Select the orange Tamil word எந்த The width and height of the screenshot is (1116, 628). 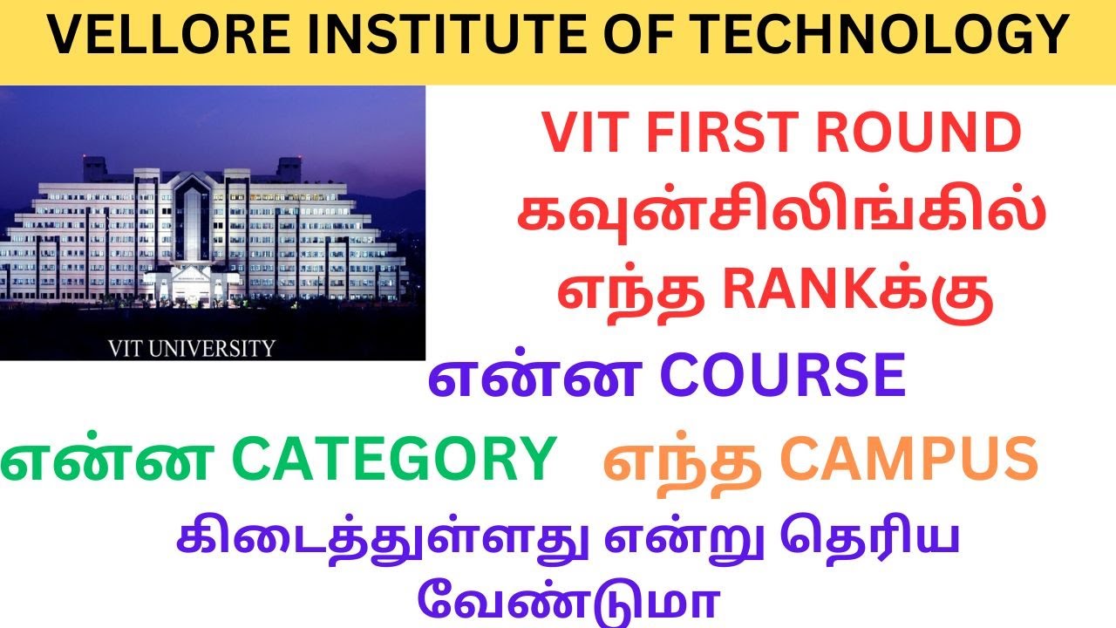pyautogui.click(x=680, y=460)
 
